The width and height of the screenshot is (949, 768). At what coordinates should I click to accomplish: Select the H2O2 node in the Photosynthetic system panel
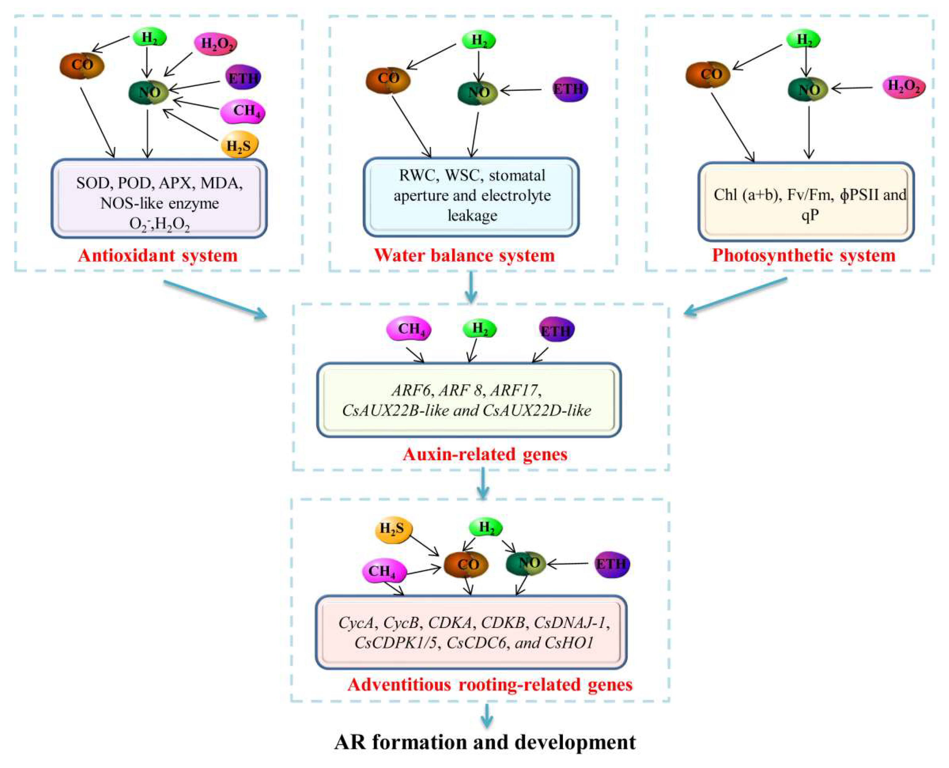[x=903, y=86]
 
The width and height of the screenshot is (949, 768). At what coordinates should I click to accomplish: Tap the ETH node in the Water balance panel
[x=570, y=90]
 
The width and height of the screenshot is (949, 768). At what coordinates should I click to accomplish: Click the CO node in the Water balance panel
[x=388, y=80]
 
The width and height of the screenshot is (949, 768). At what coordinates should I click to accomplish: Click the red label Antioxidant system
[x=158, y=256]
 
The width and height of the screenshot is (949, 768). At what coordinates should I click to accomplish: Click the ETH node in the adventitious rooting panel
[x=612, y=565]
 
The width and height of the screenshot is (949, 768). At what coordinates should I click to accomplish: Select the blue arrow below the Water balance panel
[x=471, y=288]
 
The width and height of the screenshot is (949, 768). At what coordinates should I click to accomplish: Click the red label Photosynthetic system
[x=803, y=256]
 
